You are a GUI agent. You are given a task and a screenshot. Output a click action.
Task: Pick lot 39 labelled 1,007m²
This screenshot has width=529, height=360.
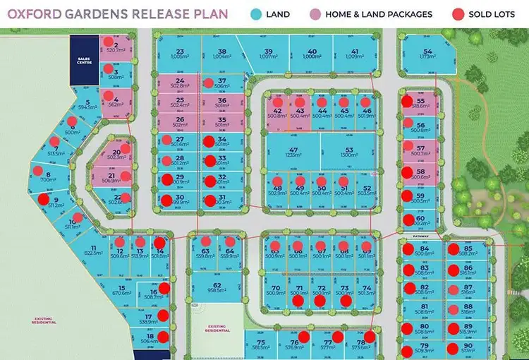click(x=268, y=54)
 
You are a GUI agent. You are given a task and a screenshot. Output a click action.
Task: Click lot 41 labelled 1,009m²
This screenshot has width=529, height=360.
click(x=355, y=54)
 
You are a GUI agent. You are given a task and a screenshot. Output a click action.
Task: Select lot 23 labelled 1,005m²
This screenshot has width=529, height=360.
click(x=180, y=54)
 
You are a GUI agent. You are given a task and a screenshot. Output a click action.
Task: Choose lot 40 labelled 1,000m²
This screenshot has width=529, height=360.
click(x=311, y=54)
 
